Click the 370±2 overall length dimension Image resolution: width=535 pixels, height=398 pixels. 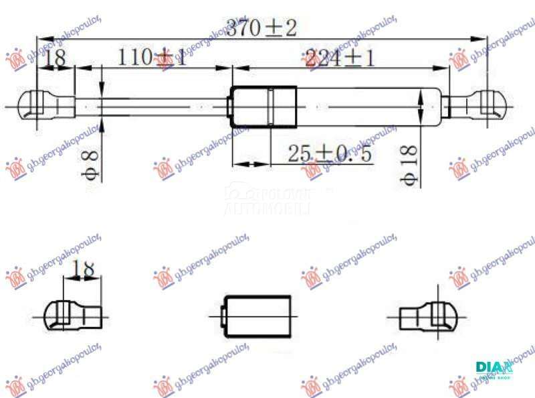coord(261,28)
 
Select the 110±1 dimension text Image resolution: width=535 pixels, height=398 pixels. coord(152,58)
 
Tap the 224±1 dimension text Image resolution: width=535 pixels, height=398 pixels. coord(339,58)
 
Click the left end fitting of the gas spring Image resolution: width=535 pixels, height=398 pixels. coord(47,106)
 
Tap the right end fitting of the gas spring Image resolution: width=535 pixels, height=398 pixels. coord(475,106)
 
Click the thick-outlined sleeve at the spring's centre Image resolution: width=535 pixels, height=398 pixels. coord(263,107)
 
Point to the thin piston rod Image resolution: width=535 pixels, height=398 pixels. coord(154,106)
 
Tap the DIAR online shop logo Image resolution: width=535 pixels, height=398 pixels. coord(494,369)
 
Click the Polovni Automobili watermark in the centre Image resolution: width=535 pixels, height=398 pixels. coord(267,201)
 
